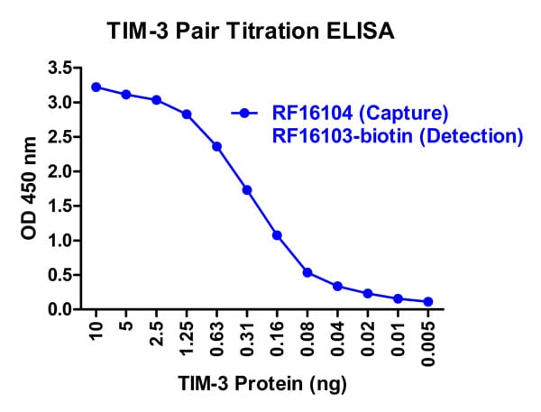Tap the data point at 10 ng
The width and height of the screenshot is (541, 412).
click(96, 87)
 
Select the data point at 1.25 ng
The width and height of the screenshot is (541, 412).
click(187, 114)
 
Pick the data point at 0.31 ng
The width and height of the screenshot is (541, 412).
click(247, 190)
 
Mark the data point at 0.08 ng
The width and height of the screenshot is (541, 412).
click(307, 272)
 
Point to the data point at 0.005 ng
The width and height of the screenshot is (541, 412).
click(428, 302)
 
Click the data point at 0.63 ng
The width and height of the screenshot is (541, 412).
click(216, 146)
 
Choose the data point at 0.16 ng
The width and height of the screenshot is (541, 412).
click(277, 235)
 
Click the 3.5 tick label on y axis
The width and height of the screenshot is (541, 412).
click(61, 68)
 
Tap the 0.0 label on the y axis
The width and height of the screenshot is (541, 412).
click(61, 309)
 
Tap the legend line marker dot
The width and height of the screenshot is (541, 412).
click(243, 113)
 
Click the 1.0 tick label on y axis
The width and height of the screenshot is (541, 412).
click(61, 241)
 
